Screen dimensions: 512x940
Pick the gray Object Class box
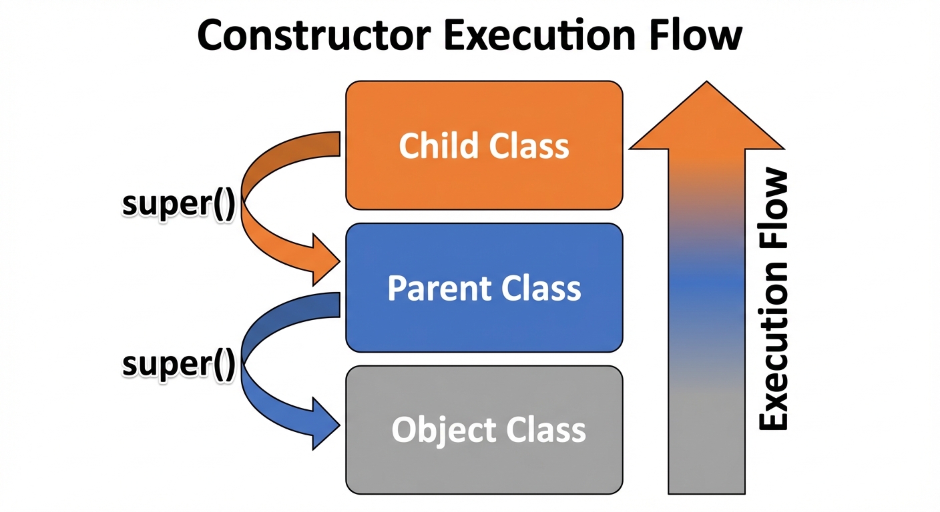click(484, 467)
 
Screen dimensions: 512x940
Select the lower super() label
click(178, 364)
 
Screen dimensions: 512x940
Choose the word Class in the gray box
click(546, 430)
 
